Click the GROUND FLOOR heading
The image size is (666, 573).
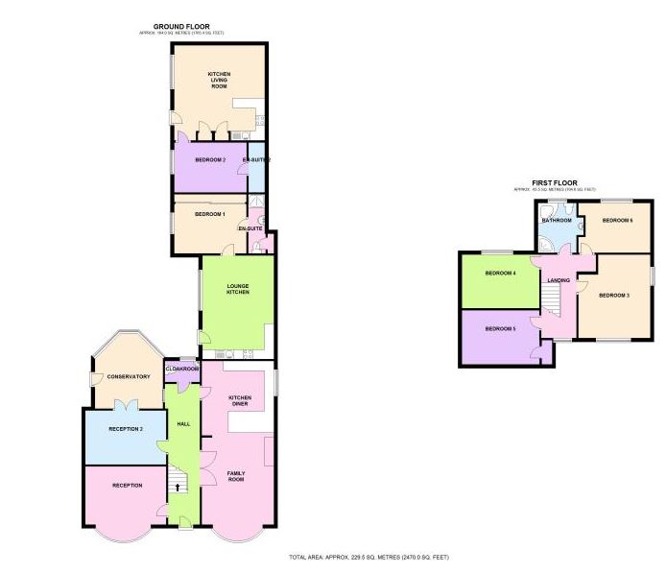pos(182,27)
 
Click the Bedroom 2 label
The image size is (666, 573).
pos(210,159)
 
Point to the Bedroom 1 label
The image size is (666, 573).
pos(209,214)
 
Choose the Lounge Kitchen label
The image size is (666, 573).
pos(238,288)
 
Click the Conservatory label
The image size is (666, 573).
pos(128,376)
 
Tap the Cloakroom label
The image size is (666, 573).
pos(182,369)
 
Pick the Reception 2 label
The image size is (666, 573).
pos(127,428)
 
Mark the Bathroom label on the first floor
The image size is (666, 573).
pos(557,221)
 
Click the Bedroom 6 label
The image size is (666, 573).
pos(618,221)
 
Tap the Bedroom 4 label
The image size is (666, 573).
pos(500,274)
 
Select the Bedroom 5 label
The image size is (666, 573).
pos(500,329)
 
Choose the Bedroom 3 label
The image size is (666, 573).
pos(614,295)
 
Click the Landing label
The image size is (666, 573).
pos(559,280)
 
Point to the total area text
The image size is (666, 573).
pos(369,557)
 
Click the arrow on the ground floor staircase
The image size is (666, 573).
pos(177,487)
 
